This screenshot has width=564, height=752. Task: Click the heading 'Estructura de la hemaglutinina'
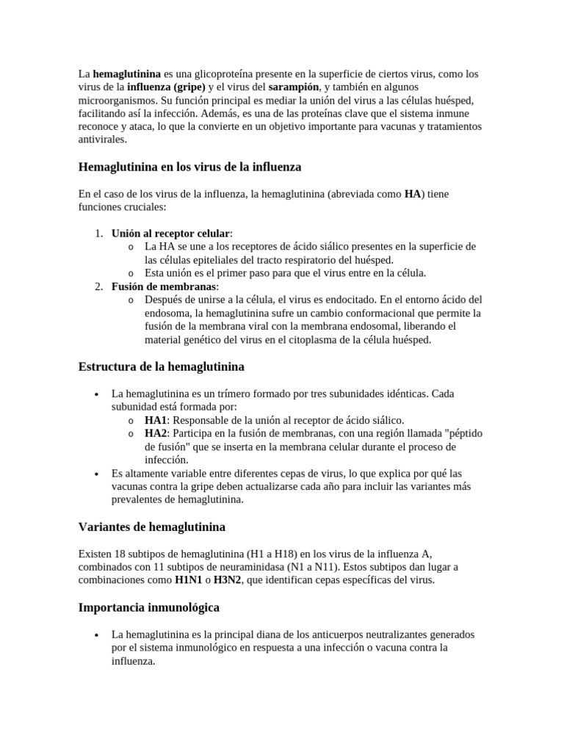[161, 366]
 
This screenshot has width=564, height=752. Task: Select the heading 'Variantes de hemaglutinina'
[151, 527]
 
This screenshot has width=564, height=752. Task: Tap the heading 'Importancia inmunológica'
[148, 607]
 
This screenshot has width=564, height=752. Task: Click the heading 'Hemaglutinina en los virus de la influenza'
[189, 167]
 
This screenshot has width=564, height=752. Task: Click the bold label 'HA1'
[156, 420]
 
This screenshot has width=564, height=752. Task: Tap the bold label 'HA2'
[156, 433]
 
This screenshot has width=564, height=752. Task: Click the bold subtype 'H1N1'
[189, 580]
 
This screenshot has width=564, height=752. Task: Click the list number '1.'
[98, 234]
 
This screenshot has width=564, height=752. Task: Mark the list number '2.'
[98, 286]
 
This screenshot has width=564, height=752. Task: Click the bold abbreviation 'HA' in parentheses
[413, 195]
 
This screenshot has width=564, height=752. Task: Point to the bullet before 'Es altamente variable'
[98, 474]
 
